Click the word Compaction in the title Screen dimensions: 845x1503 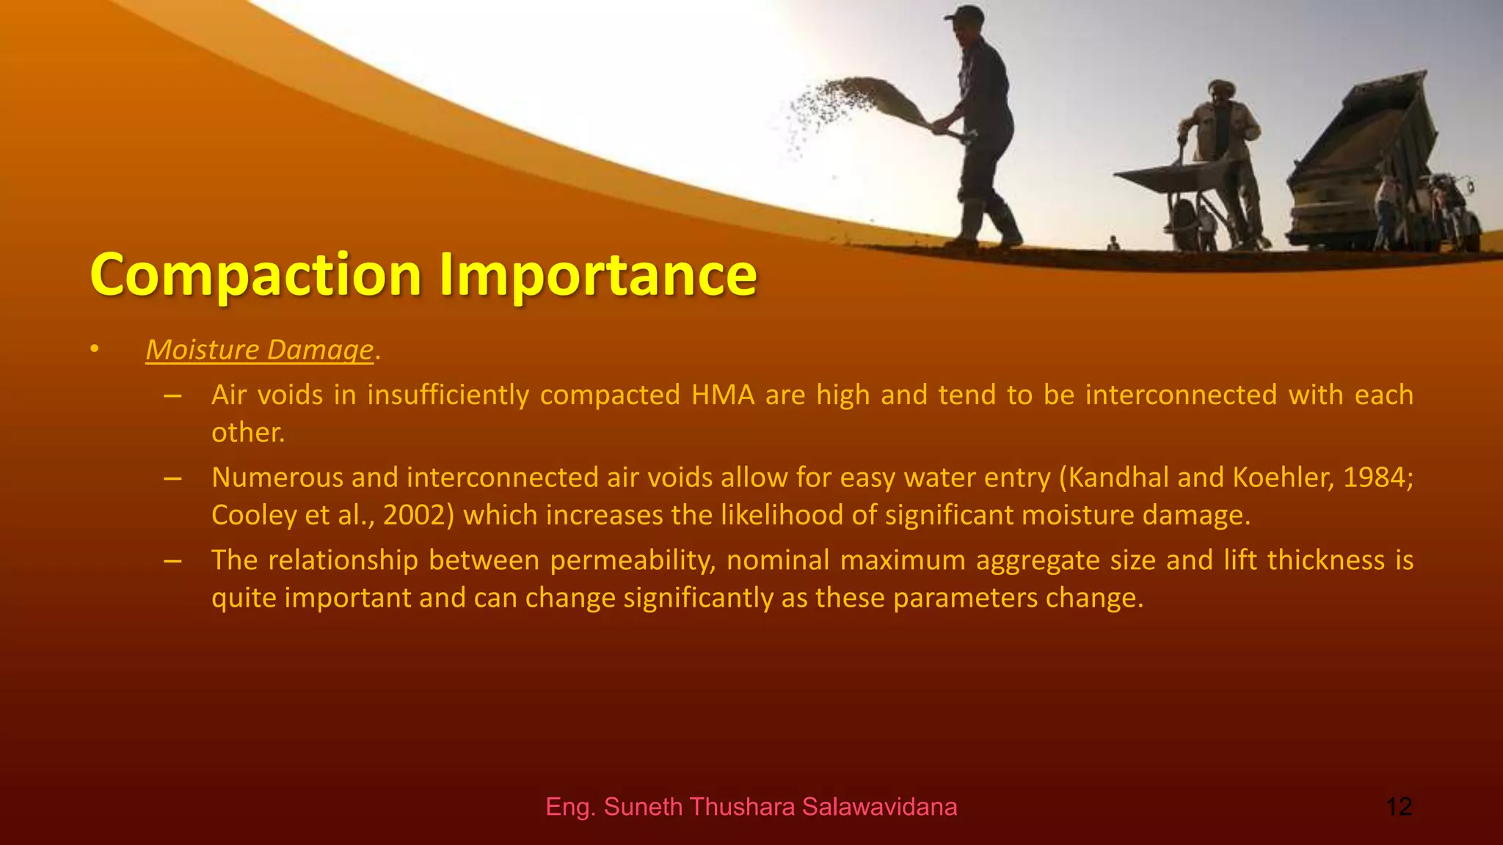pos(255,275)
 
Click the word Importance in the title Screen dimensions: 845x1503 pos(597,275)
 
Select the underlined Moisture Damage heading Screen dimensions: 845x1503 pos(260,350)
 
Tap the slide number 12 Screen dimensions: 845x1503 pos(1399,807)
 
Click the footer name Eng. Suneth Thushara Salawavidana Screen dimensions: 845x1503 pos(751,807)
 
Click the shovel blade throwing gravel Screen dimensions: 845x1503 pos(892,99)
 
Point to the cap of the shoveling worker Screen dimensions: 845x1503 pos(964,13)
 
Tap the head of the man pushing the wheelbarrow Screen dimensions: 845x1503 pos(1221,92)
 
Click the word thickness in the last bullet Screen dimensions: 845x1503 pos(1326,560)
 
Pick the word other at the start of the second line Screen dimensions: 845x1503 pos(247,433)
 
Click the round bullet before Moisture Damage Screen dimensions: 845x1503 pos(94,350)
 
